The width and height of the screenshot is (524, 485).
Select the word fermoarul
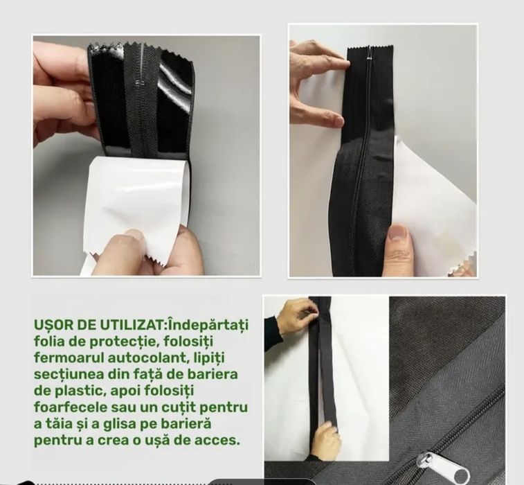69,358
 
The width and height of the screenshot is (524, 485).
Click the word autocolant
150,358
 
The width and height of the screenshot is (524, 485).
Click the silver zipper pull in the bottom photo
442,467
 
